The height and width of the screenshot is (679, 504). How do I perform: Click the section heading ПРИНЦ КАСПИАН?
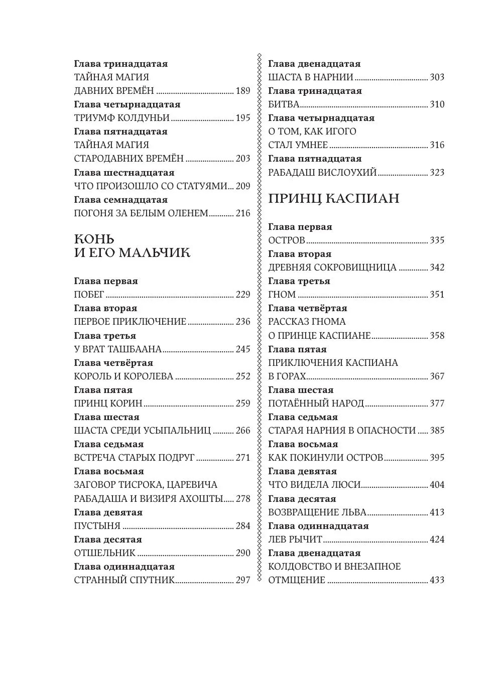[x=334, y=199]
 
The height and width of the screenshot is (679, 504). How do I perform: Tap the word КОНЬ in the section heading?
[x=94, y=238]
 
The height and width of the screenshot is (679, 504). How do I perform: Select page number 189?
[x=242, y=91]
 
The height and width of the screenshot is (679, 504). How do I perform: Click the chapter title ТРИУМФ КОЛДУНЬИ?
[x=121, y=118]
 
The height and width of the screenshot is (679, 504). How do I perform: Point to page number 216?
[x=242, y=213]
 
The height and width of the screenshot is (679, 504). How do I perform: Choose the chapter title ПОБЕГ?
[x=89, y=295]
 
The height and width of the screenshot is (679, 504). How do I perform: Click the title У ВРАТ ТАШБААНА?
[x=117, y=349]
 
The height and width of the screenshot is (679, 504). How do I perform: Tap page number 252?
[x=242, y=376]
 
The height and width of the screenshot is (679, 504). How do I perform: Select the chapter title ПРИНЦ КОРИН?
[x=108, y=403]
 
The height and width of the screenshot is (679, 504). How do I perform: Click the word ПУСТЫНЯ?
[x=97, y=526]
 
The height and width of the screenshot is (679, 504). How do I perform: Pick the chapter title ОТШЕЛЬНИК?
[x=104, y=553]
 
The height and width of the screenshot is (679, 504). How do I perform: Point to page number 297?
[x=242, y=580]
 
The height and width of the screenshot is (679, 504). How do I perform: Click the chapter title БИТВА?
[x=284, y=104]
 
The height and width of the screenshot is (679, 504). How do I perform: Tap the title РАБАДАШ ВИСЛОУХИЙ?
[x=322, y=173]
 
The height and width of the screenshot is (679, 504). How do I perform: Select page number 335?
[x=437, y=240]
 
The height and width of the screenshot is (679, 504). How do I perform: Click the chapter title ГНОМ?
[x=282, y=295]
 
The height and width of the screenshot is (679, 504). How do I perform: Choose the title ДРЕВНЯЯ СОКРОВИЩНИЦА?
[x=332, y=267]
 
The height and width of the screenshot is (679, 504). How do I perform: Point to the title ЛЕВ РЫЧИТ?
[x=295, y=539]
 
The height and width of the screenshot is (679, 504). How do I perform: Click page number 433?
[x=437, y=580]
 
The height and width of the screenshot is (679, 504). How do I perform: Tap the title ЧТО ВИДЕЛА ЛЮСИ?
[x=314, y=485]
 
